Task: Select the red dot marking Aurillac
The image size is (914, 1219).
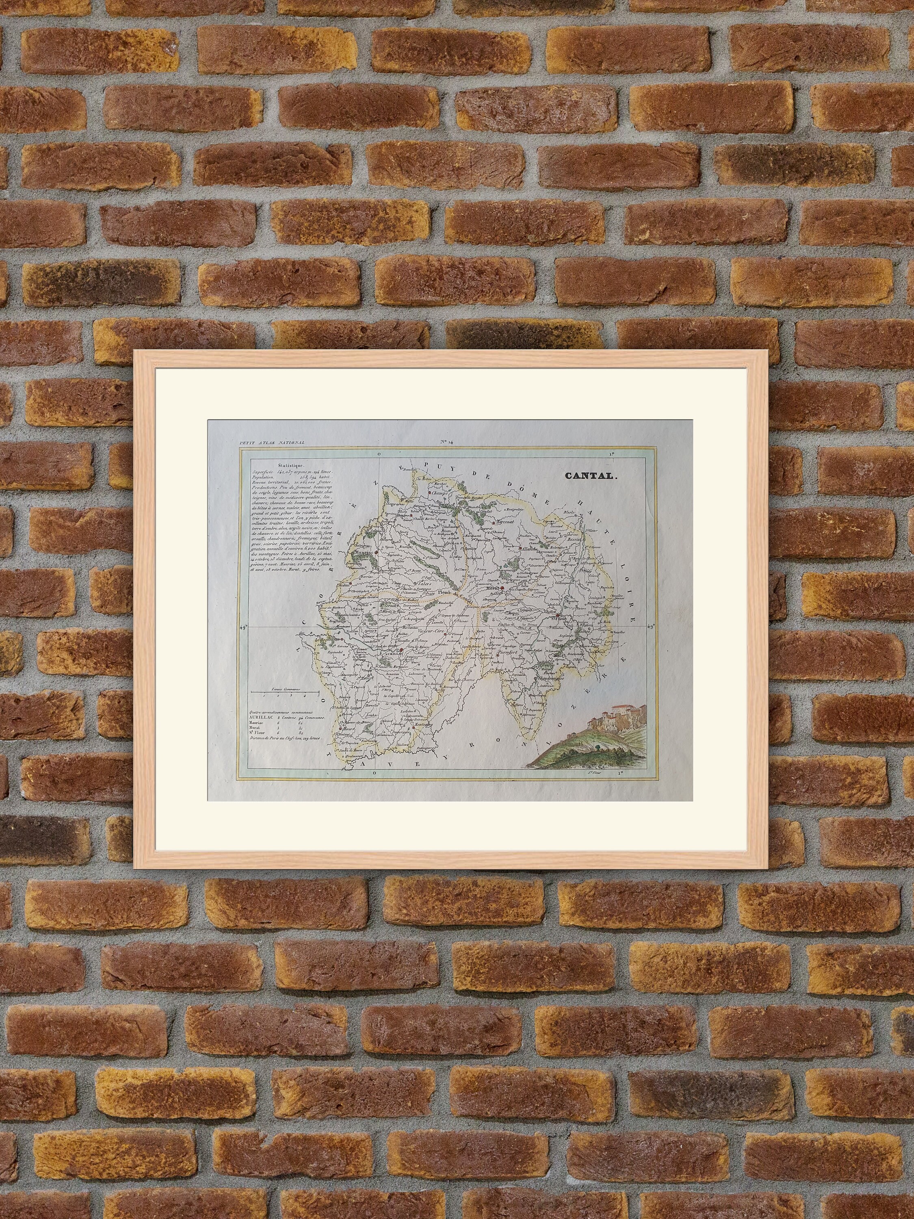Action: point(402,650)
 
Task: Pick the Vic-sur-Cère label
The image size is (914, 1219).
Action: point(431,630)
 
